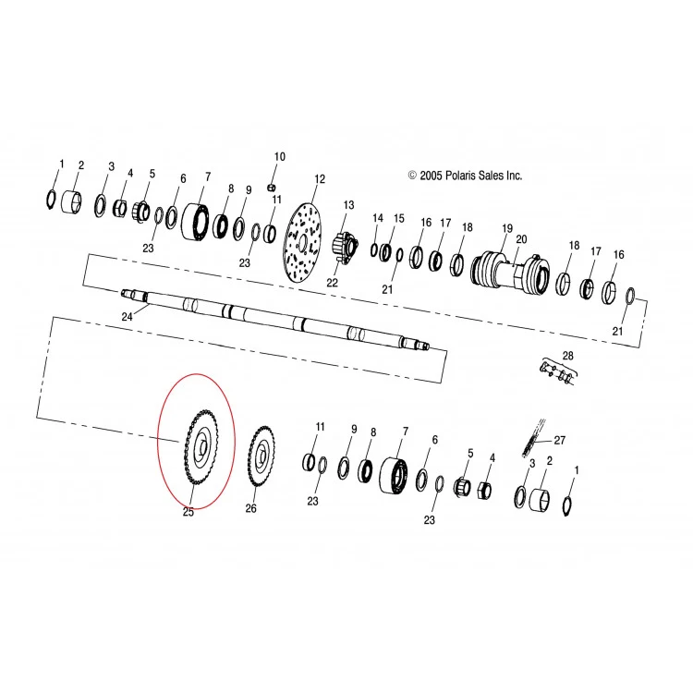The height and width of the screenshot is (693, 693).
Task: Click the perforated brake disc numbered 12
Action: coord(302,243)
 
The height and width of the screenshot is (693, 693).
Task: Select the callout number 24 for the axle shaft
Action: coord(127,317)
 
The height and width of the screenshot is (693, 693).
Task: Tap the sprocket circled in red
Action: coord(202,447)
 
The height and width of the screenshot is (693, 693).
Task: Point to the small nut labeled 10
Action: coord(272,188)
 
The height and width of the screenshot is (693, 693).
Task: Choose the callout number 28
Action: coord(567,356)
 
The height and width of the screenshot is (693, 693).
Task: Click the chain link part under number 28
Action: coord(558,372)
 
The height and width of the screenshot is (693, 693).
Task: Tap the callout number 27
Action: coord(560,440)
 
